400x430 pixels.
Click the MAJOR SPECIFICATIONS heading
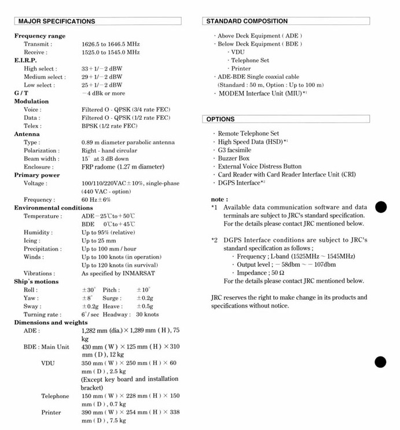(57, 21)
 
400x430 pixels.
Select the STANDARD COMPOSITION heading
(247, 21)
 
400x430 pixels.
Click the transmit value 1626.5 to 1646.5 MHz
(111, 44)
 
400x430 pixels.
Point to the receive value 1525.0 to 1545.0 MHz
(111, 52)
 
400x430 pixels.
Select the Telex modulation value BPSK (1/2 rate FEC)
(109, 126)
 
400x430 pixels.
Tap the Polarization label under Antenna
(41, 150)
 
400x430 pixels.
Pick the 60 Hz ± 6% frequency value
(96, 200)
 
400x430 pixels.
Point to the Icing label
(32, 241)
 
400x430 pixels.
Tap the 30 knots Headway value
(147, 314)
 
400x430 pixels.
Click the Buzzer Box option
(234, 158)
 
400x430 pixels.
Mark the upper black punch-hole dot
(380, 207)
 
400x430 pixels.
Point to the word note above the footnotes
(219, 199)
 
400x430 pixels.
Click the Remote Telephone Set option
(248, 134)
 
